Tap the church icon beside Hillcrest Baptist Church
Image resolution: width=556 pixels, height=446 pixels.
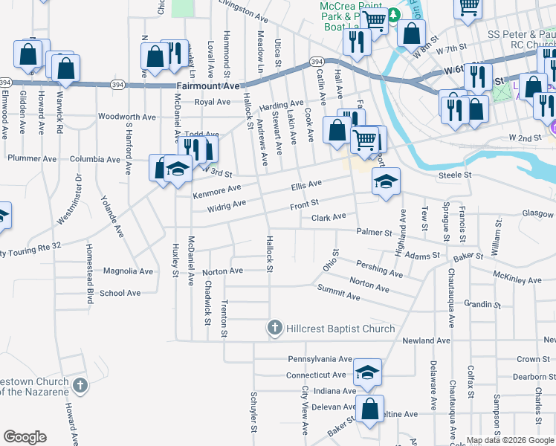coord(274,327)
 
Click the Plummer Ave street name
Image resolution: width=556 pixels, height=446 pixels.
coord(27,158)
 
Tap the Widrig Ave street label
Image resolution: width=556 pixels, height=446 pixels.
coord(226,205)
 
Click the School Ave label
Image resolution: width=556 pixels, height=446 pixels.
coord(120,293)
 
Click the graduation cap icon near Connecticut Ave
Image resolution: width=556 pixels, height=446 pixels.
coord(366,372)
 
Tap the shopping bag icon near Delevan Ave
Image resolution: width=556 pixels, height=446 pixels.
coord(369,408)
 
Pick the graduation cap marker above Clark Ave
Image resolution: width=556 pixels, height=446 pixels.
coord(386,182)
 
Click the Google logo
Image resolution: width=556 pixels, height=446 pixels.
coord(25,437)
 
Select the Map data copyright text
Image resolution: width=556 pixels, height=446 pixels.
coord(510,440)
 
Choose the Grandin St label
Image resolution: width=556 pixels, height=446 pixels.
coord(481,304)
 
